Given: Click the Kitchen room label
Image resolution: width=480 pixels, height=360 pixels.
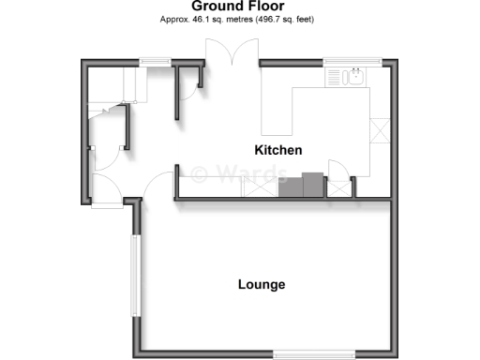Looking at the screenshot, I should [x=278, y=150].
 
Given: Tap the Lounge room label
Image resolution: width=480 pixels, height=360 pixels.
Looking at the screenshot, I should [x=262, y=284].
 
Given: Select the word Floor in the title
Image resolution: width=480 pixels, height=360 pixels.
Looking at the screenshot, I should [x=262, y=6].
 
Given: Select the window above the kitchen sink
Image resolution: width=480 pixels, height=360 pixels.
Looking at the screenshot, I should [x=347, y=64].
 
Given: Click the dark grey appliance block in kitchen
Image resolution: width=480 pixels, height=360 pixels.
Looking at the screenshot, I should [x=302, y=185].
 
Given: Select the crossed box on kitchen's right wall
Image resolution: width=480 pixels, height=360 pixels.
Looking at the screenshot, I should [x=381, y=130].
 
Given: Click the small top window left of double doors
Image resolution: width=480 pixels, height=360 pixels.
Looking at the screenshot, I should [x=155, y=63].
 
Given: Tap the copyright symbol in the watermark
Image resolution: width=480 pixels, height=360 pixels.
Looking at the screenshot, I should [x=200, y=173].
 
